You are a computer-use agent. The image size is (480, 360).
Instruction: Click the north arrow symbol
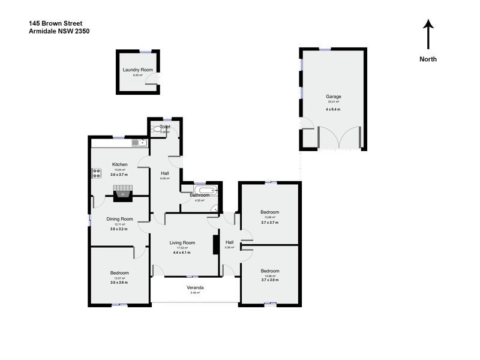coord(428,34)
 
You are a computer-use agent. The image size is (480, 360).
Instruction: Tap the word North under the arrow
coord(428,59)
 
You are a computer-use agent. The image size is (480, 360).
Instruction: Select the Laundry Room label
coord(139,70)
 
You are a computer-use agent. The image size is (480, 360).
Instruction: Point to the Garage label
coord(333,96)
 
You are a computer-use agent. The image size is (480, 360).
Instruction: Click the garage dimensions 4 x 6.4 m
coord(333,109)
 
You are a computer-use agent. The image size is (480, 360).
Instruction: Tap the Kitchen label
coord(119,164)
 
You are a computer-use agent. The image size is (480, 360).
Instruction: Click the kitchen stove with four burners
coord(96,174)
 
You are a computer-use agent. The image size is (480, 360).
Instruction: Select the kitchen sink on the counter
coord(139,143)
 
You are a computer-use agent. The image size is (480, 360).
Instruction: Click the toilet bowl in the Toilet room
coord(158,128)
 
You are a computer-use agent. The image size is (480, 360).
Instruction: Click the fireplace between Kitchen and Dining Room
coord(123,193)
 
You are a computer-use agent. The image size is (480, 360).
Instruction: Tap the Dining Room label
coord(119,219)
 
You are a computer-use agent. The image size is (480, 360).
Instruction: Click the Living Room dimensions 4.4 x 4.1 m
coord(182,253)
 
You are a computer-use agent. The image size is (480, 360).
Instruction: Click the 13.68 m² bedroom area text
coord(269,217)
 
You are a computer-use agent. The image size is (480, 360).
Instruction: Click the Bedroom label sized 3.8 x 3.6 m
coord(119,273)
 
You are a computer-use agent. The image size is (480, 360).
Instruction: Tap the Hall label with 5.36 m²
coord(229,242)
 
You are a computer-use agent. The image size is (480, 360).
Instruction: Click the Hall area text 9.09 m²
coord(164,178)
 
